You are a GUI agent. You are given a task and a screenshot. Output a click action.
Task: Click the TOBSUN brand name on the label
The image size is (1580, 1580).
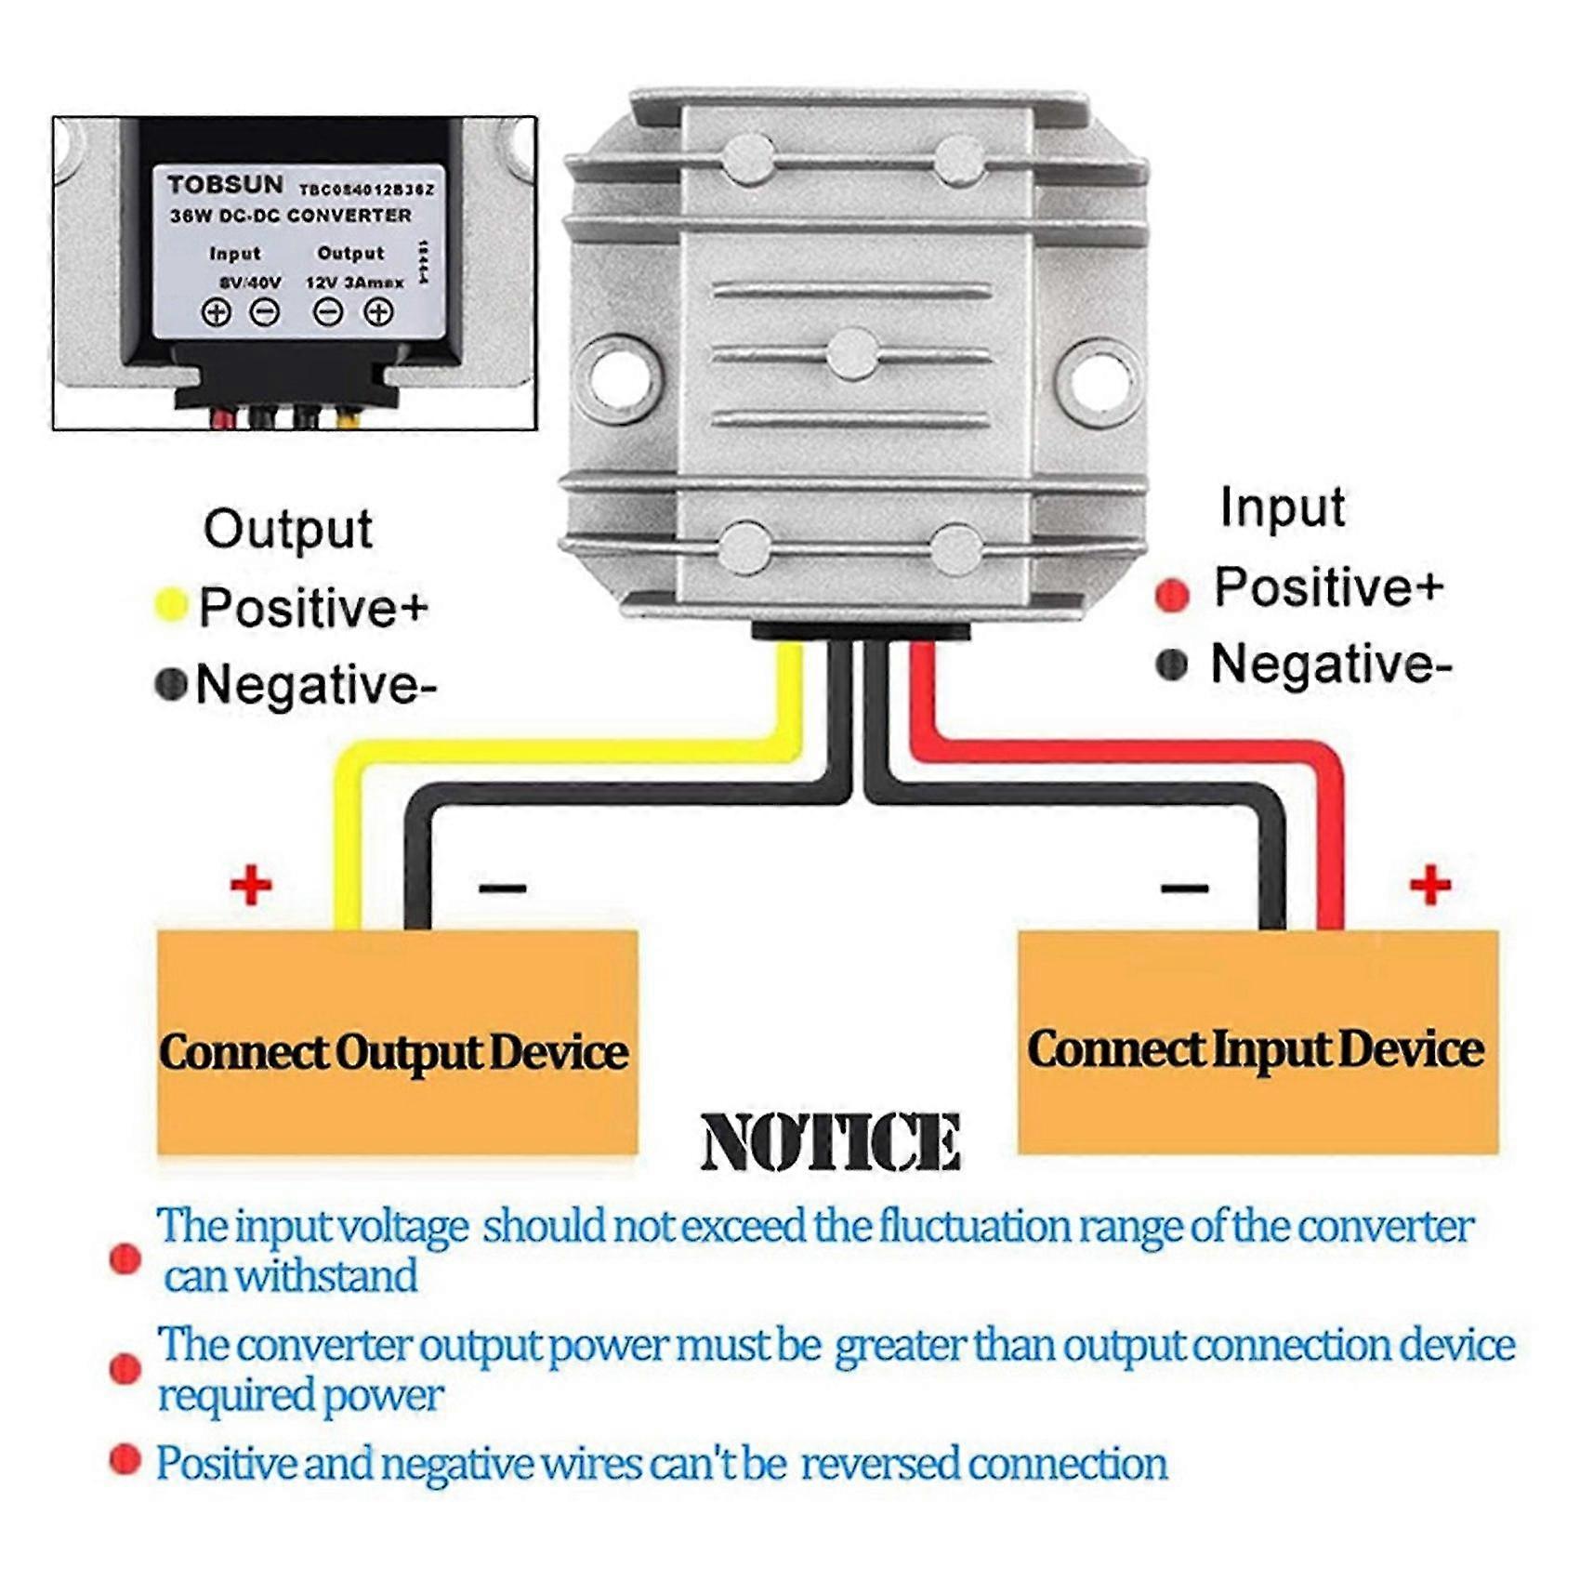225,185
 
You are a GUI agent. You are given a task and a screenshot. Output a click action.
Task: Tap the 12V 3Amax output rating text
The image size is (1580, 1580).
354,282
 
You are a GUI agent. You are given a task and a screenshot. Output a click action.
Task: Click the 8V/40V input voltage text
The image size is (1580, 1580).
249,282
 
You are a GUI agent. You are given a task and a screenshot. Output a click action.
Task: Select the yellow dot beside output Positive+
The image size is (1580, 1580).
171,605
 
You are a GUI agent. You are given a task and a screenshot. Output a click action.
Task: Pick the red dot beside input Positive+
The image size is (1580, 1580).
1172,594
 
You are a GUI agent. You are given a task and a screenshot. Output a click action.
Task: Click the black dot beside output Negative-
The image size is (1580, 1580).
171,684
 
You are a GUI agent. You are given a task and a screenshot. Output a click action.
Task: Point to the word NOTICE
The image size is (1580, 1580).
830,1142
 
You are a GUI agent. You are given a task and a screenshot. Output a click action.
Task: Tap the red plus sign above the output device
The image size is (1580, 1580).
251,884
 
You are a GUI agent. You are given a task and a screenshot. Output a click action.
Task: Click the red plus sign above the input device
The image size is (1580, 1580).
1429,884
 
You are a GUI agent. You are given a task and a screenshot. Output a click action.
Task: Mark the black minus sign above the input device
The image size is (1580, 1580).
1184,889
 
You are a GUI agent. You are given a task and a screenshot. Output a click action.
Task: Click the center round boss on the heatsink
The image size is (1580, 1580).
852,354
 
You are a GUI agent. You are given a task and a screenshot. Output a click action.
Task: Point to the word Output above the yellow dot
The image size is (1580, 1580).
288,530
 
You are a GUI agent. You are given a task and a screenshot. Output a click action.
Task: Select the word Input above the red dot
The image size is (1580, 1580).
1283,508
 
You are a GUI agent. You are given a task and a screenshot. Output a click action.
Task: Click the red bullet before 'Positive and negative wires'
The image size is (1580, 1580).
125,1459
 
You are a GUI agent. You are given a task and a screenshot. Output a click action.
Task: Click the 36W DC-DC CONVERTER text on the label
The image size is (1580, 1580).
290,216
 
